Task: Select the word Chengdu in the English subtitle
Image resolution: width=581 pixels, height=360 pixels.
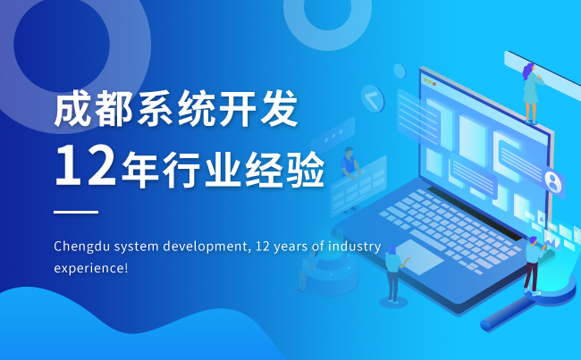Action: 81,247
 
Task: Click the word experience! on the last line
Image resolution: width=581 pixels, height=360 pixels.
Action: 91,268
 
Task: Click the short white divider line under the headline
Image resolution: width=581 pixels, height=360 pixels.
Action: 76,212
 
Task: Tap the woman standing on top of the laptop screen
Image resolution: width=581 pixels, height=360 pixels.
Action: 531,94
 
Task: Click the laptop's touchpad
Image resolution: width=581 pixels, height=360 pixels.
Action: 417,256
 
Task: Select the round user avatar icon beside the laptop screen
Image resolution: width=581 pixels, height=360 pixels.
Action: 552,181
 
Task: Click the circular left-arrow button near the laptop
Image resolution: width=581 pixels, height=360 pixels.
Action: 373,98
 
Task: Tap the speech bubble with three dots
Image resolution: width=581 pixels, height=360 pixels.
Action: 333,136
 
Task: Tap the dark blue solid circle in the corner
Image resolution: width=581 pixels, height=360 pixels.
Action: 62,44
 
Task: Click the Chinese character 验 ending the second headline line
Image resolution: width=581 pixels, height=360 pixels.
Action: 306,170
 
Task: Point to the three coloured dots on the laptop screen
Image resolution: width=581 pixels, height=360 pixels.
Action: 430,82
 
